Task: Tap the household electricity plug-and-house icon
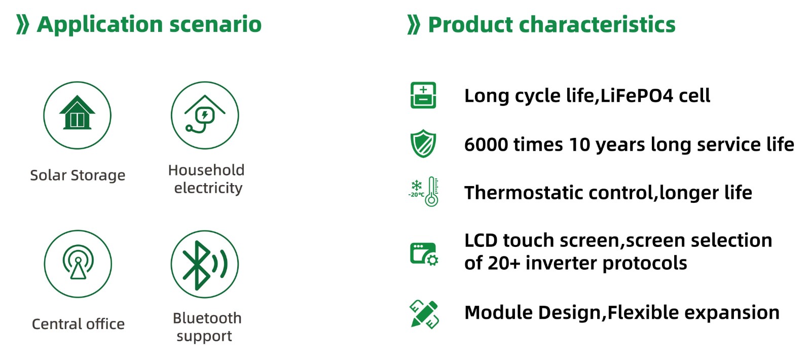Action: (x=205, y=115)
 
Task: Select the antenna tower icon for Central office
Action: (x=78, y=262)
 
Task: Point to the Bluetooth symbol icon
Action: (x=205, y=265)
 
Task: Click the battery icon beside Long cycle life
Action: (x=423, y=95)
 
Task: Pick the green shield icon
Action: (x=423, y=143)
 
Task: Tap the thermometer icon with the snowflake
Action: (x=423, y=192)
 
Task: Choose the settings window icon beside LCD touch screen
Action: (x=424, y=254)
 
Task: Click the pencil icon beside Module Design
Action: (x=424, y=314)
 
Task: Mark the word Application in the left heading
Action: (x=100, y=25)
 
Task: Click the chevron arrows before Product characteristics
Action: (x=414, y=25)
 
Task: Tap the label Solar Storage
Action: (x=78, y=175)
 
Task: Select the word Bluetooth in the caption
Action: (x=207, y=318)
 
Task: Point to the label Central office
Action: (x=78, y=324)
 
